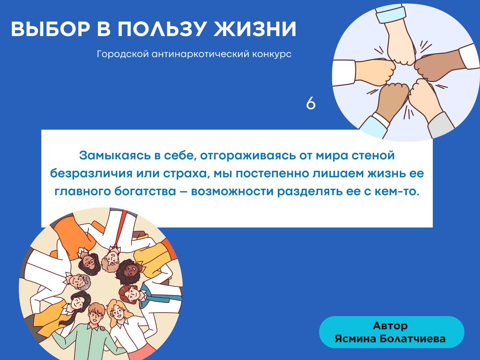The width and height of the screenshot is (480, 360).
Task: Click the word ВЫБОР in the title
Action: tap(51, 29)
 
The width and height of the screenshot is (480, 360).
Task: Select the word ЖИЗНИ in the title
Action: tap(255, 29)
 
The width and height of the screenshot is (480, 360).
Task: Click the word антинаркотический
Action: tap(200, 54)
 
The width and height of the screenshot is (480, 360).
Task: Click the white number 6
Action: tap(311, 103)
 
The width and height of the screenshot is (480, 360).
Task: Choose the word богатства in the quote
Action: tap(145, 192)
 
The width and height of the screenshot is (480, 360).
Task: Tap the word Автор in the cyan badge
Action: tap(390, 326)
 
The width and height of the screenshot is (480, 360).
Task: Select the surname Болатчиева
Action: tap(412, 339)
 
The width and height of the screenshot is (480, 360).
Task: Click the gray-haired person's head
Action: tap(79, 282)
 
